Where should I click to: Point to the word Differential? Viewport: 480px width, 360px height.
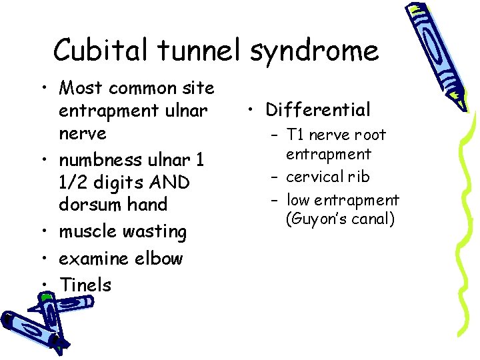[x=317, y=109]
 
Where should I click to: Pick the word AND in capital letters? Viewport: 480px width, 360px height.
[x=170, y=182]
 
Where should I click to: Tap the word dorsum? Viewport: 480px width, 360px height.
[x=87, y=205]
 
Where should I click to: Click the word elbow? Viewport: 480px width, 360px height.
[x=159, y=258]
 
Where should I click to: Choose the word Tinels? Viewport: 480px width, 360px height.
[x=85, y=285]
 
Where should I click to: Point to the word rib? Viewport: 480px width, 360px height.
[x=361, y=177]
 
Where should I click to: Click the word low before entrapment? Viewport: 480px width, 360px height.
[x=297, y=200]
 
